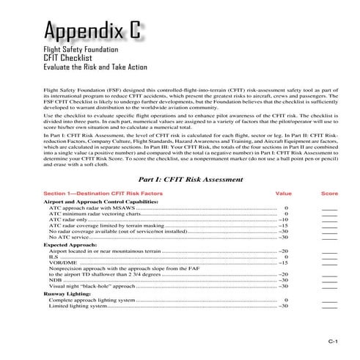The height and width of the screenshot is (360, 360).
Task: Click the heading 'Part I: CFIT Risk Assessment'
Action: pyautogui.click(x=187, y=179)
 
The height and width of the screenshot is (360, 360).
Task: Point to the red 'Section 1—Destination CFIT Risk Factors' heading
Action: pyautogui.click(x=103, y=194)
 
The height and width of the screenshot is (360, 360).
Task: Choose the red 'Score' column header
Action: pyautogui.click(x=329, y=194)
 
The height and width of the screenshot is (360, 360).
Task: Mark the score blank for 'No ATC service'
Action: pyautogui.click(x=329, y=238)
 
